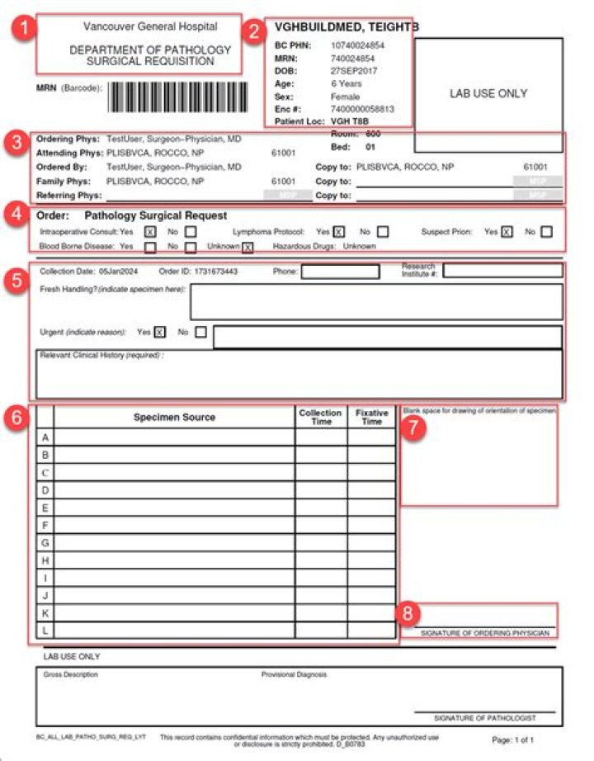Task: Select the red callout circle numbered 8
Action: pyautogui.click(x=408, y=613)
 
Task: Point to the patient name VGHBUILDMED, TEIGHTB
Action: pyautogui.click(x=346, y=27)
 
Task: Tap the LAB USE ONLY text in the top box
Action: pyautogui.click(x=488, y=93)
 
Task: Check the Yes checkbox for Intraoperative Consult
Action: pyautogui.click(x=150, y=232)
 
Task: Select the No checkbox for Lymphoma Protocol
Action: pyautogui.click(x=382, y=232)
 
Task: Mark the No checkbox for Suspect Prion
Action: pyautogui.click(x=547, y=232)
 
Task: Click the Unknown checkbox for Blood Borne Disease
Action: pyautogui.click(x=247, y=247)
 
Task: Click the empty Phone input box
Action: pyautogui.click(x=340, y=272)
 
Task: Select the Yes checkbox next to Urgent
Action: pyautogui.click(x=160, y=333)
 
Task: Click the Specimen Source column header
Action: pyautogui.click(x=174, y=418)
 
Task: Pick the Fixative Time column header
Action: pyautogui.click(x=371, y=417)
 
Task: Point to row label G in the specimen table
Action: pyautogui.click(x=45, y=542)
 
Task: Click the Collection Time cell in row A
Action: pyautogui.click(x=321, y=437)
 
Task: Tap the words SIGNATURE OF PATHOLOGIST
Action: pyautogui.click(x=484, y=718)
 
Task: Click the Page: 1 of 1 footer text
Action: pyautogui.click(x=513, y=740)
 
